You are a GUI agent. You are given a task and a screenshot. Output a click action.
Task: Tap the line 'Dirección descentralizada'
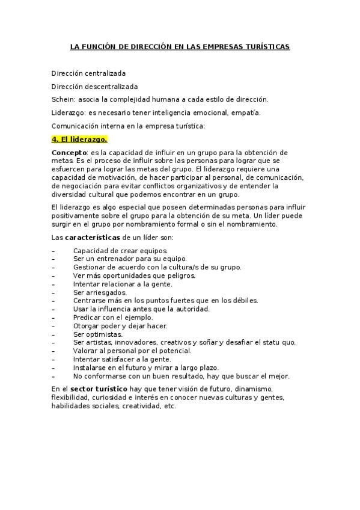[94, 86]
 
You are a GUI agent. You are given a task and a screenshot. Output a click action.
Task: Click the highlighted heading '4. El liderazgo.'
[79, 140]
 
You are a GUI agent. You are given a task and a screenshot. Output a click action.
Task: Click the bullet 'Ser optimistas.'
[98, 334]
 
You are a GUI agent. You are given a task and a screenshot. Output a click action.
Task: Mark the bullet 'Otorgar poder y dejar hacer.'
[120, 325]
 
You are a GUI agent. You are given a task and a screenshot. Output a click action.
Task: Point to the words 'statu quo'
[280, 342]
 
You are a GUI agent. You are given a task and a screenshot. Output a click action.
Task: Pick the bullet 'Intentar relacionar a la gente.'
[123, 283]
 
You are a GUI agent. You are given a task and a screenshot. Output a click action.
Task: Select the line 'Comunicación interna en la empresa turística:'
[128, 126]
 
